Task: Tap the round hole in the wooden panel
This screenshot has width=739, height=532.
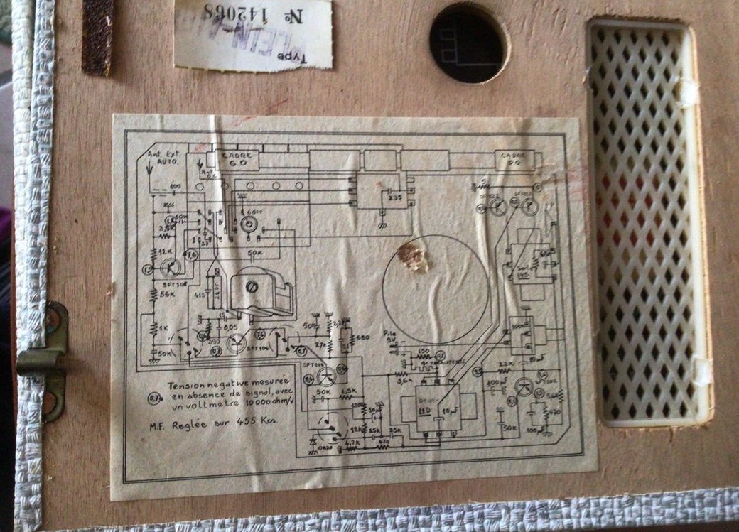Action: point(468,42)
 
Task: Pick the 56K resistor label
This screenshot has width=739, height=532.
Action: point(169,295)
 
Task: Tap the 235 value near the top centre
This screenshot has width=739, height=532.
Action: point(395,198)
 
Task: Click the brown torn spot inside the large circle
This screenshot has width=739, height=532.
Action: point(413,256)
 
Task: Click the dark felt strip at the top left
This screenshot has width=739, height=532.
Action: point(97,36)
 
